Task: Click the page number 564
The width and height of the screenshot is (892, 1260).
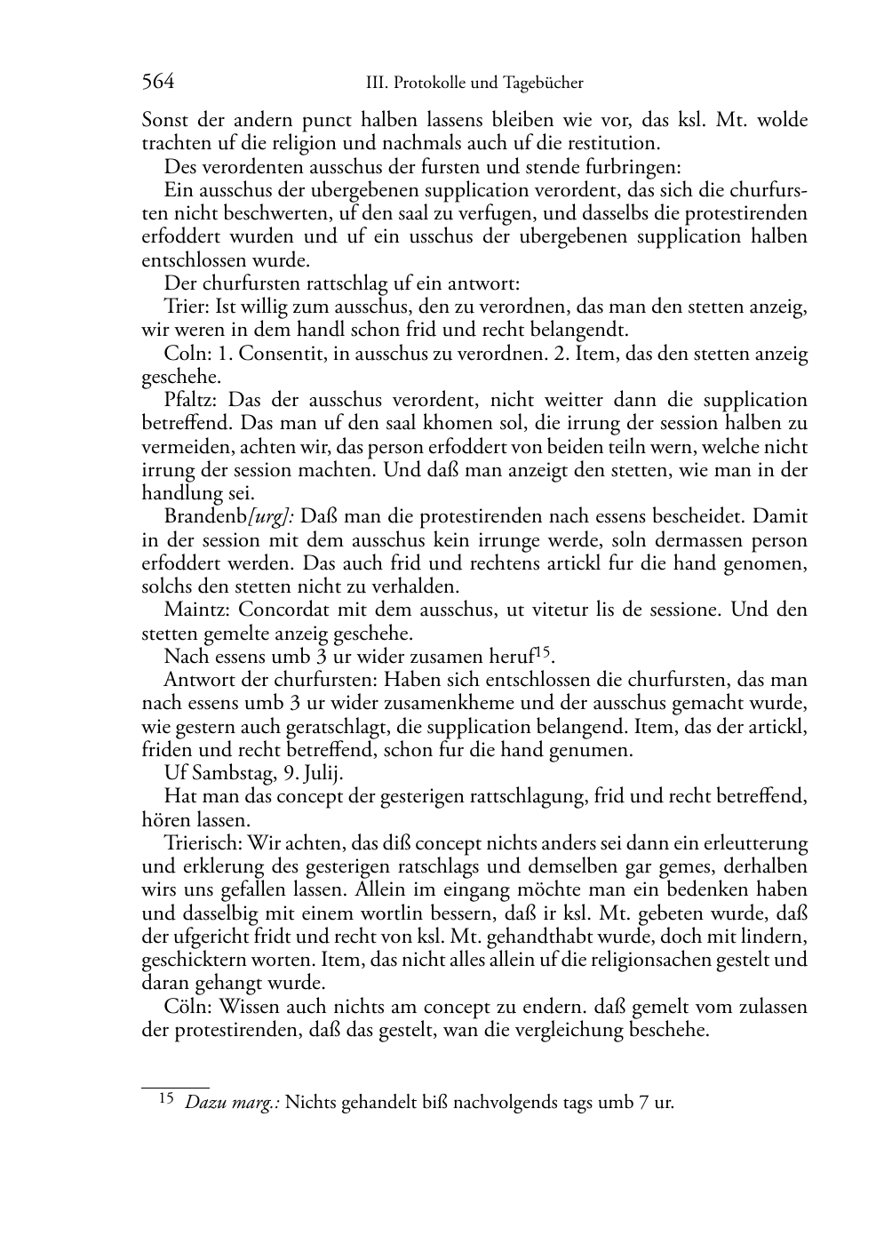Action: (x=157, y=83)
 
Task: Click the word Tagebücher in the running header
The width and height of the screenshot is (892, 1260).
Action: (x=543, y=84)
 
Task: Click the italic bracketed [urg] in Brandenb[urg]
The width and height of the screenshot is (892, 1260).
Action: (x=275, y=516)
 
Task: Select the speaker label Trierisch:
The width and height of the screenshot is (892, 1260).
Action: (x=203, y=842)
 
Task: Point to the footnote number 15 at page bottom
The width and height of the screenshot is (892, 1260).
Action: (x=165, y=1100)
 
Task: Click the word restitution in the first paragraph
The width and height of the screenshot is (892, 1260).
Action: (x=612, y=143)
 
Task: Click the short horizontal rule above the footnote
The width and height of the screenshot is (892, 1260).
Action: (x=175, y=1086)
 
